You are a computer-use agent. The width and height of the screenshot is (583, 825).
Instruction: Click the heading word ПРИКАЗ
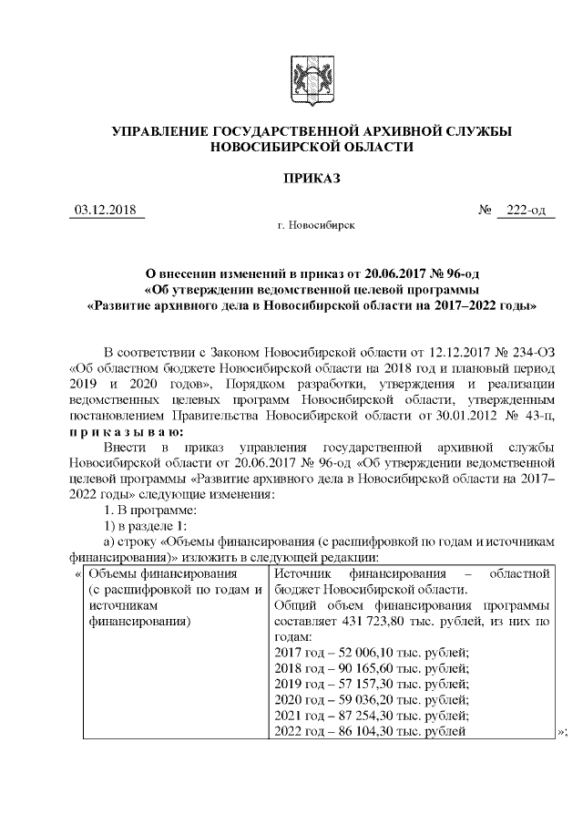click(311, 179)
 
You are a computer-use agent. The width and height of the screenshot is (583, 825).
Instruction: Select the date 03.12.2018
click(104, 211)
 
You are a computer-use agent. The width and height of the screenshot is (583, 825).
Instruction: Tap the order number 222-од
click(526, 211)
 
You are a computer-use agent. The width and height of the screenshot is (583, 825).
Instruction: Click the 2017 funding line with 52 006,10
click(371, 651)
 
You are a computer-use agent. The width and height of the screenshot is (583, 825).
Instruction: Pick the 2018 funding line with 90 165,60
click(371, 667)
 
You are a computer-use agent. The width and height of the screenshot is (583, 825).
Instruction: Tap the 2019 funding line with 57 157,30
click(371, 683)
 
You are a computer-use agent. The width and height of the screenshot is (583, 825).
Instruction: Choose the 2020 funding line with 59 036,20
click(371, 699)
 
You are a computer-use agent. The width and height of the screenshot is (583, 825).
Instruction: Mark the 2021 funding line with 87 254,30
click(371, 715)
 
